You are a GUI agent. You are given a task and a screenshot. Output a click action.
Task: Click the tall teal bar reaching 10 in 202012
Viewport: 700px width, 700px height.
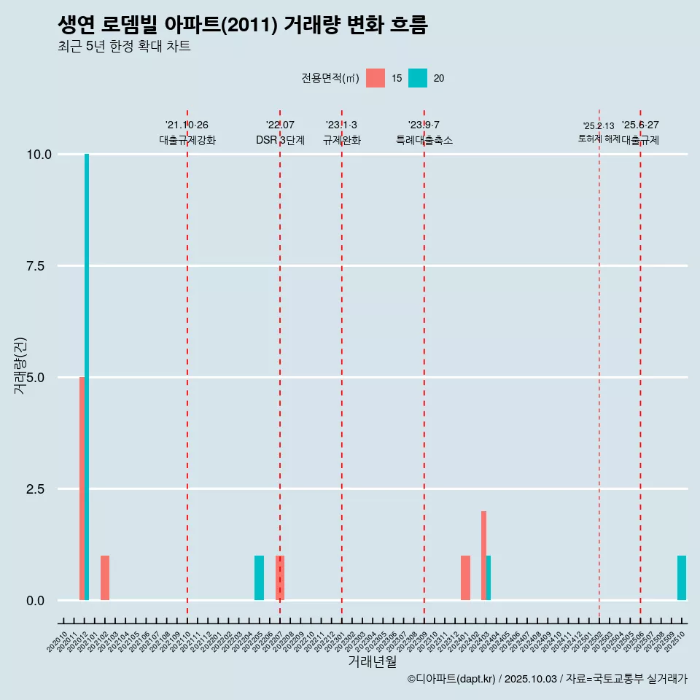(x=87, y=377)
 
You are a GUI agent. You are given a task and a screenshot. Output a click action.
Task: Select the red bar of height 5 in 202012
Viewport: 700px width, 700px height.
(x=82, y=489)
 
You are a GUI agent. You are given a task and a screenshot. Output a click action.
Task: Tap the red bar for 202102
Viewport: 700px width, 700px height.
(x=105, y=577)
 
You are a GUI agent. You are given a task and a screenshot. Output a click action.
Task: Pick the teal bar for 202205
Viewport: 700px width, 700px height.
(x=259, y=577)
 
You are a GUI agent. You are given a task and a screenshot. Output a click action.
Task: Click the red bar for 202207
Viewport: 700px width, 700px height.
(x=280, y=577)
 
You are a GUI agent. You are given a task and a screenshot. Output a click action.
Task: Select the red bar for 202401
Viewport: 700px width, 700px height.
(x=465, y=577)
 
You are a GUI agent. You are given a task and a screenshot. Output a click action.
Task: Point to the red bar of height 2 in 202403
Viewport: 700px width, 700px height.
(x=483, y=556)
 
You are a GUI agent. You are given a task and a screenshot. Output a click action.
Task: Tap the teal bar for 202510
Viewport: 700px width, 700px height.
(x=682, y=577)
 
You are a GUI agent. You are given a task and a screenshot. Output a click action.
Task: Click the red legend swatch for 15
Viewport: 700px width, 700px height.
(x=376, y=78)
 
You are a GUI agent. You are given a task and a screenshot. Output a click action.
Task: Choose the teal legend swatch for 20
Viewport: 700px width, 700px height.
(x=418, y=78)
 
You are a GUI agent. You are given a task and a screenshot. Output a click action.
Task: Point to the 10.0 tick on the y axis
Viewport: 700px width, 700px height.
(x=39, y=155)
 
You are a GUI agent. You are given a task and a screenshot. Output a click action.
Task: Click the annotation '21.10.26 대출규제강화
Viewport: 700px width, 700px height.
(x=187, y=133)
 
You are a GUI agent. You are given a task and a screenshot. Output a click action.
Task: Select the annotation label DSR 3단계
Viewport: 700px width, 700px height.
(x=280, y=140)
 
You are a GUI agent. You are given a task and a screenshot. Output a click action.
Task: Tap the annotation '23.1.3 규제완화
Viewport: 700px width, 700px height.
(x=341, y=133)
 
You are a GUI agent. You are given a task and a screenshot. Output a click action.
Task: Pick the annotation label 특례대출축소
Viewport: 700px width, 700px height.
(x=424, y=140)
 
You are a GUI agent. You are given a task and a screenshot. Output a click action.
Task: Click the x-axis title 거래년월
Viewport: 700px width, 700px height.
(x=372, y=662)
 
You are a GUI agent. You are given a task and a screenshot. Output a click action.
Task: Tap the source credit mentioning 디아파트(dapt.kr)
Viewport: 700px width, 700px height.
(x=547, y=679)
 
